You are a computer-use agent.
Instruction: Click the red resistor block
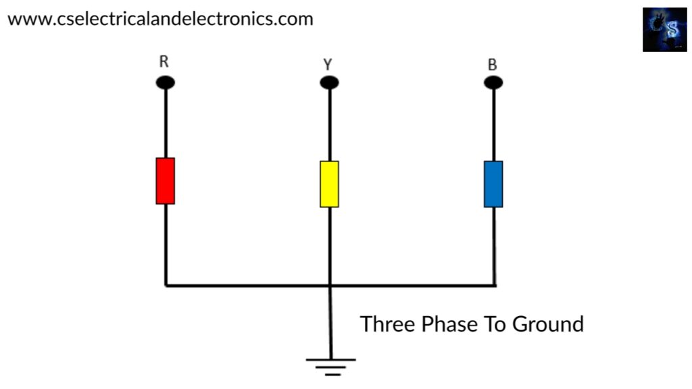[x=166, y=181]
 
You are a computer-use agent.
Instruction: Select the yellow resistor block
[x=329, y=184]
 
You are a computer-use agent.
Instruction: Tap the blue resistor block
[x=493, y=184]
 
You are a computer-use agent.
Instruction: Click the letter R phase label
[x=164, y=61]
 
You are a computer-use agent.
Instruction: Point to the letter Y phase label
[x=328, y=65]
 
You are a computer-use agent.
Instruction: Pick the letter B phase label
[x=493, y=65]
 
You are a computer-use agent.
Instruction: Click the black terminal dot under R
[x=166, y=82]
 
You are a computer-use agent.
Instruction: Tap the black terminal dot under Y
[x=329, y=82]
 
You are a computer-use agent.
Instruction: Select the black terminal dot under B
[x=493, y=82]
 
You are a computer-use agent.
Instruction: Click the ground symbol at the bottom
[x=331, y=367]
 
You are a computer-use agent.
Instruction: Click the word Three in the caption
[x=387, y=324]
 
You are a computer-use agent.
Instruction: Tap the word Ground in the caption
[x=547, y=324]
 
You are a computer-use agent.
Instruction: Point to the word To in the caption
[x=495, y=324]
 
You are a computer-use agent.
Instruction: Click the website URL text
[x=160, y=19]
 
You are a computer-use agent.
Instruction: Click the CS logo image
[x=665, y=30]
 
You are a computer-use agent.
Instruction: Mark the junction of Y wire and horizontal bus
[x=330, y=286]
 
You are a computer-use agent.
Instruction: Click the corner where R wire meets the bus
[x=166, y=286]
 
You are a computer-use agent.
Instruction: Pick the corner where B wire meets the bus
[x=495, y=286]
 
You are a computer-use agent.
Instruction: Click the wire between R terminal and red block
[x=166, y=124]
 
